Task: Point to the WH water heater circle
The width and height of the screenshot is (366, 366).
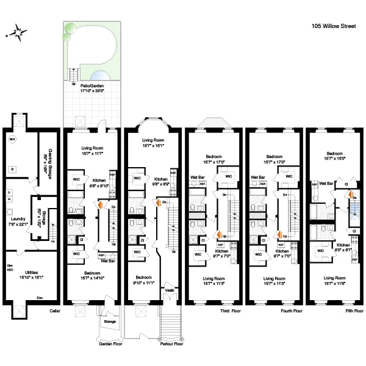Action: [x=12, y=140]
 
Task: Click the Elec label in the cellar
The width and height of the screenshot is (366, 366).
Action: [x=40, y=298]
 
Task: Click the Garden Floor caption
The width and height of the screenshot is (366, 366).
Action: [x=110, y=343]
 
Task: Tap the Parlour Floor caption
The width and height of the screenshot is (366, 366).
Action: [x=170, y=343]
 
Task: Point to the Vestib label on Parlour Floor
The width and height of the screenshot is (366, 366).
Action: [x=170, y=290]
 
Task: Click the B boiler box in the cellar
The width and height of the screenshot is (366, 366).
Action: [x=13, y=168]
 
